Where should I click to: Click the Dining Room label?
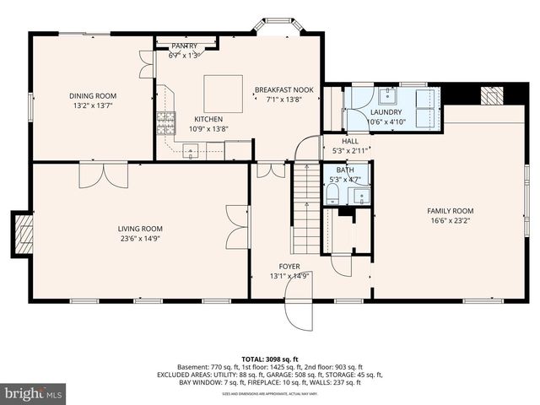[93, 95]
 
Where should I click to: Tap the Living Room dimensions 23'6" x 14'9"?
[140, 239]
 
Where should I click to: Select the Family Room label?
[450, 211]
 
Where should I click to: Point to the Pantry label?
[185, 46]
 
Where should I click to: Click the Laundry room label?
[384, 112]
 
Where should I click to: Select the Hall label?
[350, 141]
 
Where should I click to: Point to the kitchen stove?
[165, 124]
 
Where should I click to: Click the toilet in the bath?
[332, 196]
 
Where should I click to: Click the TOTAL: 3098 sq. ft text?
[270, 358]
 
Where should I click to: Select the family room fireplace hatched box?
[491, 95]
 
